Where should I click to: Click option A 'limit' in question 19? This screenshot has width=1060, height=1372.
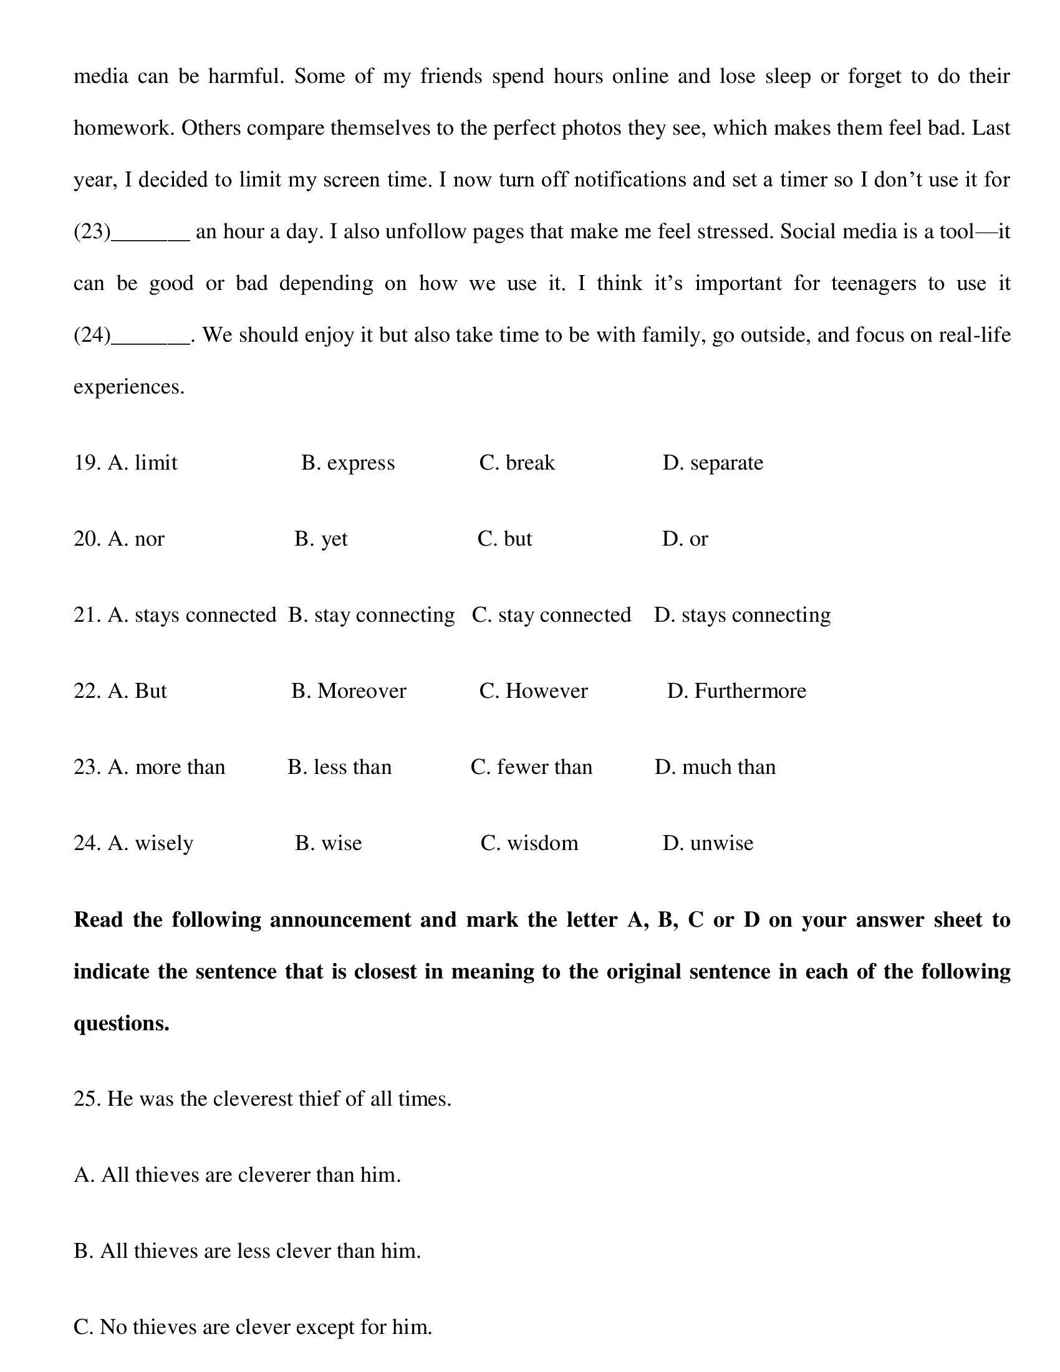[x=143, y=463]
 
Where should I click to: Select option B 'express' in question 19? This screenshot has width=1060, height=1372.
[x=348, y=463]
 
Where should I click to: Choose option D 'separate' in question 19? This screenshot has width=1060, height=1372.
[x=713, y=463]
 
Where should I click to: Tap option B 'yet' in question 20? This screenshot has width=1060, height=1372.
[x=321, y=539]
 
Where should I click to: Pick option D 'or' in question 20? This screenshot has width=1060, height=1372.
[x=685, y=539]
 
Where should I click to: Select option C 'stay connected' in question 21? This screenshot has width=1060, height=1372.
[x=551, y=615]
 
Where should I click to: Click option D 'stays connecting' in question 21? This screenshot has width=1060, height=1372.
[x=742, y=615]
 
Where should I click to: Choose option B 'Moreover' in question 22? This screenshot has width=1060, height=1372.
[x=349, y=691]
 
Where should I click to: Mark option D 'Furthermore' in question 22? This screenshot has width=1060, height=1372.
[x=736, y=691]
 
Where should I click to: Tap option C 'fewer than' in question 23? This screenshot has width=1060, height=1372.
[x=531, y=767]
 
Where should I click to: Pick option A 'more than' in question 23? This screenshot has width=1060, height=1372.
[x=166, y=767]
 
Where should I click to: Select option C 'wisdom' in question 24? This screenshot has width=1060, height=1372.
[x=529, y=843]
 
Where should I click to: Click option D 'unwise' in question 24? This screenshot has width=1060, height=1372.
[x=708, y=843]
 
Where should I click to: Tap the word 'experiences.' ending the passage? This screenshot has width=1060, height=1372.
[x=129, y=387]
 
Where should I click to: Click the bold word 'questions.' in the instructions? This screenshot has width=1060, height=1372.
[x=122, y=1023]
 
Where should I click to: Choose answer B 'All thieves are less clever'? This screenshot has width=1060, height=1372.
[x=248, y=1251]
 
